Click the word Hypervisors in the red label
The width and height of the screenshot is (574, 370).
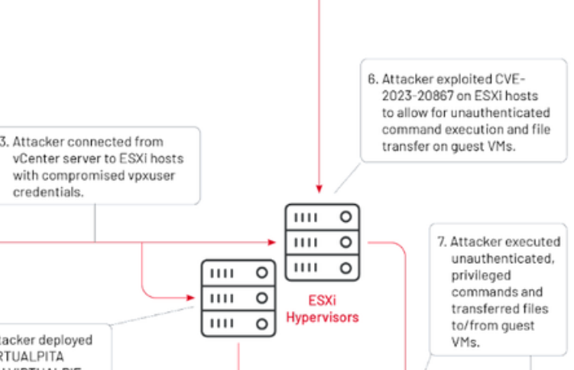[322, 316]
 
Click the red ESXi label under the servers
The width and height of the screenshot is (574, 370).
[322, 300]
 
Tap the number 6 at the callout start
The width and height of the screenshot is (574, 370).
[372, 79]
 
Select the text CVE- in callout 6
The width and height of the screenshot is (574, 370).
[508, 79]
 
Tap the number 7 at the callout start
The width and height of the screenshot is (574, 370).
[441, 242]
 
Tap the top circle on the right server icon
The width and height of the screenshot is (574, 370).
[345, 217]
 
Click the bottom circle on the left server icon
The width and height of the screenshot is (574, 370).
[262, 323]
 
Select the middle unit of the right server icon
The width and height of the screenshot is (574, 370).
[322, 242]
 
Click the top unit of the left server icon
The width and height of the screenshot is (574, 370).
[238, 272]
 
